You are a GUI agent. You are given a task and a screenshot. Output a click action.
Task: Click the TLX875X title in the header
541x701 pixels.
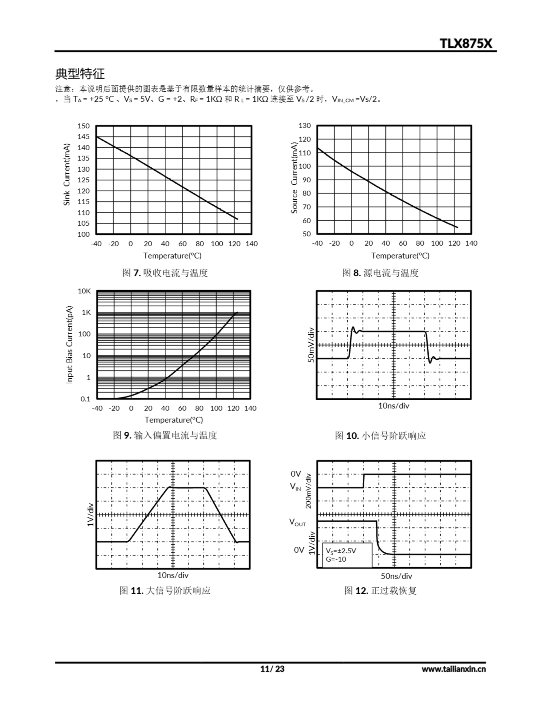point(466,43)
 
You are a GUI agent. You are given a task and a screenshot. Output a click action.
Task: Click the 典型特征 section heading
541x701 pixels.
point(80,73)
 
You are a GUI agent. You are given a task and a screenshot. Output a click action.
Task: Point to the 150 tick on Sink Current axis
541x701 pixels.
point(83,126)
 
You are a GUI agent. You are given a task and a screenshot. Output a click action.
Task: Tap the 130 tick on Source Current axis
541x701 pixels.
point(304,125)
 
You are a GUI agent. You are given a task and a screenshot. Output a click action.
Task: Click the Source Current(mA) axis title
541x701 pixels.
point(294,177)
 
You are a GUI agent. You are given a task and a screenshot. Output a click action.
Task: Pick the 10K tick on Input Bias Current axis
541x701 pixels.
point(84,291)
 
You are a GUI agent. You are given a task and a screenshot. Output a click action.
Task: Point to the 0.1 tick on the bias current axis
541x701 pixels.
point(85,399)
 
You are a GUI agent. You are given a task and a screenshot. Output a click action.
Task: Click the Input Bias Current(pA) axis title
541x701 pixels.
point(69,344)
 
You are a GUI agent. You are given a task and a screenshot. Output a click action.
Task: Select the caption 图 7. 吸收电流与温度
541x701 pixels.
point(165,273)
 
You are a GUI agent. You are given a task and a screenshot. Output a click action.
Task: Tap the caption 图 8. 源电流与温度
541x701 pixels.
point(380,273)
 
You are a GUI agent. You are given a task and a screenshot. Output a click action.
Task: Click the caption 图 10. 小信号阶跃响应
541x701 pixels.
point(380,436)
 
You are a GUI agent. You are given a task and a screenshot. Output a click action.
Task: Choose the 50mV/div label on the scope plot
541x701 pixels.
point(311,345)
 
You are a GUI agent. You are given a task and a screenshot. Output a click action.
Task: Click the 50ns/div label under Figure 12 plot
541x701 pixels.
point(396,576)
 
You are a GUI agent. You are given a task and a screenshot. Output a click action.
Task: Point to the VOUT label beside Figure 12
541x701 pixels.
point(297,522)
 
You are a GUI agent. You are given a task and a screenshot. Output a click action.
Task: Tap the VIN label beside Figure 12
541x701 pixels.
point(295,487)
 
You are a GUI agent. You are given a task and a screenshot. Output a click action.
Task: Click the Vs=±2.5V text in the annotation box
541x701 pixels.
point(341,551)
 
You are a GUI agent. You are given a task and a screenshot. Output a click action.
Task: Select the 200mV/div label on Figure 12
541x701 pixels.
point(308,491)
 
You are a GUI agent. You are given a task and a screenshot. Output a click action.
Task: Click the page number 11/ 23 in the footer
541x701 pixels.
point(272,669)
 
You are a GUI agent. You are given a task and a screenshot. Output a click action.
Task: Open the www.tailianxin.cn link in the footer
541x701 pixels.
point(453,669)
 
